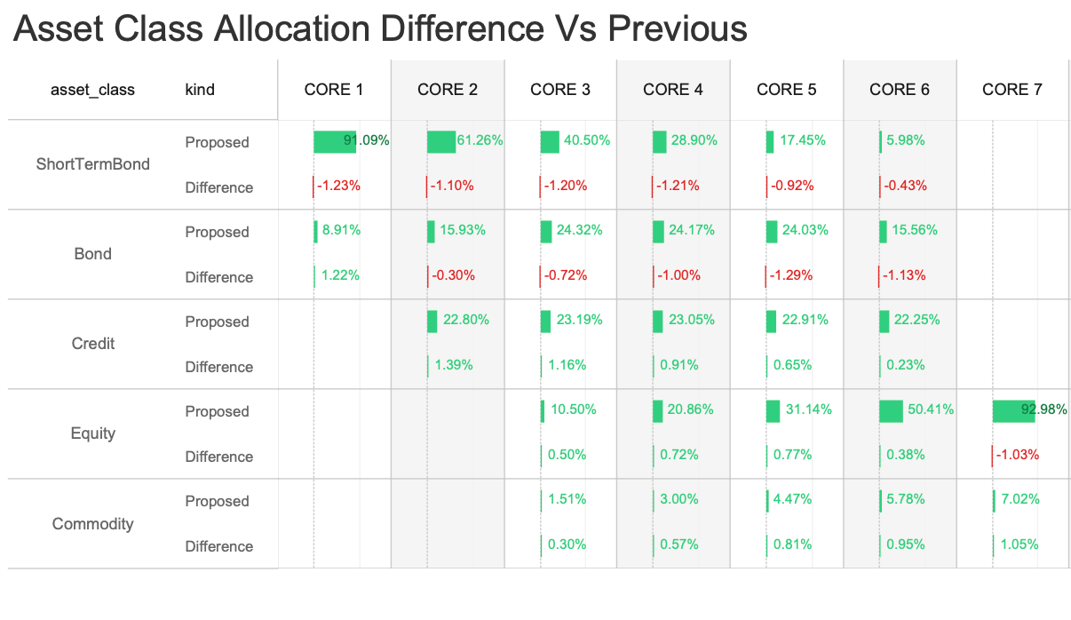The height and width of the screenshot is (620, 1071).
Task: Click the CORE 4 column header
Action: [x=672, y=89]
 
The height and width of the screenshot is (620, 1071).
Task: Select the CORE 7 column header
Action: [x=1011, y=89]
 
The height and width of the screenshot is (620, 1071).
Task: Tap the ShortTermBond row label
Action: [x=92, y=164]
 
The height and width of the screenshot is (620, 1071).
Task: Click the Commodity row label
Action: [x=92, y=523]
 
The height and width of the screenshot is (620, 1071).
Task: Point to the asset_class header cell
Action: [x=92, y=89]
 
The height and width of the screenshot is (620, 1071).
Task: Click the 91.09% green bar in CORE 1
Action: [x=335, y=141]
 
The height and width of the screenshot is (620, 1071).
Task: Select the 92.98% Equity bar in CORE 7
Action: [x=1013, y=410]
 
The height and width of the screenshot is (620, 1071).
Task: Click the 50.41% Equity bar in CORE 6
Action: [x=891, y=410]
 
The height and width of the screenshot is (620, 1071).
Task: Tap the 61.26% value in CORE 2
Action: [x=480, y=140]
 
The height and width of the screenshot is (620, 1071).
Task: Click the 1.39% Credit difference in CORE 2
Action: [x=453, y=365]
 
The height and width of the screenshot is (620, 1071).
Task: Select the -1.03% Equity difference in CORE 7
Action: [x=1018, y=455]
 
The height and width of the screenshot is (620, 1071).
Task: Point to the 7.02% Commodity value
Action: [x=1019, y=499]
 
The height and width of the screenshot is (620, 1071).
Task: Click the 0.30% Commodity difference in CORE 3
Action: [x=567, y=544]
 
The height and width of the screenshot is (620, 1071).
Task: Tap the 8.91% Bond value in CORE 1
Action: [x=341, y=230]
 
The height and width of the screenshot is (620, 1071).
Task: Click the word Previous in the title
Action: [x=677, y=30]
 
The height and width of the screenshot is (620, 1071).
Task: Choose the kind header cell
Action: [x=200, y=89]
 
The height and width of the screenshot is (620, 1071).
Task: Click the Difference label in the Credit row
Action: [x=218, y=367]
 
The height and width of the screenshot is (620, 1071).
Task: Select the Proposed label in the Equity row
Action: [x=217, y=411]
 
